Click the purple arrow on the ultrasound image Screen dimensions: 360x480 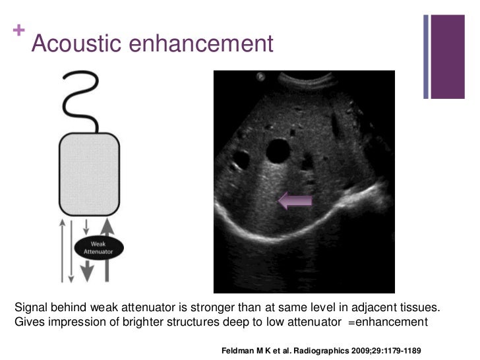(x=295, y=200)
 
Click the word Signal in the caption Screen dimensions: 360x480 (x=30, y=309)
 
